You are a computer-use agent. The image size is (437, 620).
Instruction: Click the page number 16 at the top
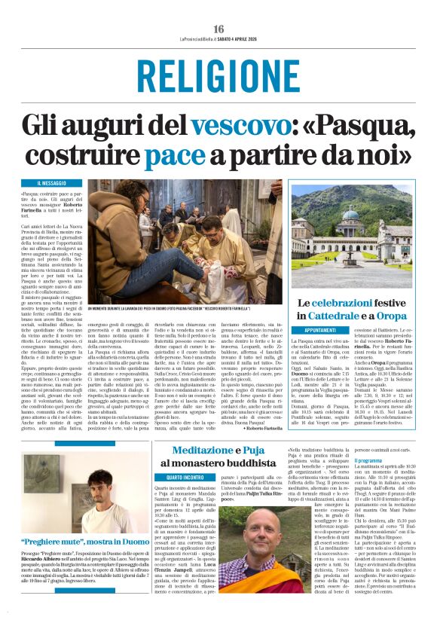(218, 29)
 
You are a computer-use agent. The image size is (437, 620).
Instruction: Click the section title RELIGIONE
(218, 78)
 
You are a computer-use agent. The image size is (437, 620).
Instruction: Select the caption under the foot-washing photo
(188, 309)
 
